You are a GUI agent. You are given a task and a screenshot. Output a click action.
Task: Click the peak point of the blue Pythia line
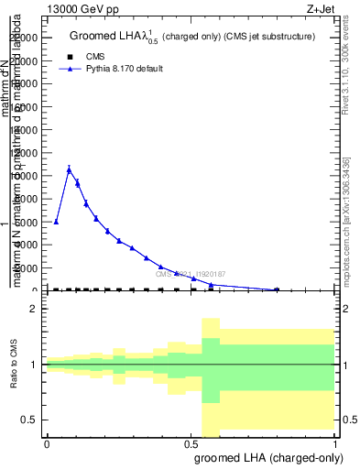pyautogui.click(x=69, y=169)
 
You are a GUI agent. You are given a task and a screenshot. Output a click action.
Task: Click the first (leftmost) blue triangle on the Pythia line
pyautogui.click(x=56, y=222)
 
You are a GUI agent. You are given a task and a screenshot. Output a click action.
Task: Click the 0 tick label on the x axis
pyautogui.click(x=47, y=442)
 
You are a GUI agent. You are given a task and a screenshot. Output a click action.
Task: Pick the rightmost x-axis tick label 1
pyautogui.click(x=336, y=442)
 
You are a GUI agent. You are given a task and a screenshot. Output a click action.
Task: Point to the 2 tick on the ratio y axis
pyautogui.click(x=35, y=310)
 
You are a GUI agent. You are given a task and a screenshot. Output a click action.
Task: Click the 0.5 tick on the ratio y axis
pyautogui.click(x=32, y=420)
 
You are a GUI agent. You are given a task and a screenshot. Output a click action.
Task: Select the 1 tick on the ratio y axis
pyautogui.click(x=35, y=365)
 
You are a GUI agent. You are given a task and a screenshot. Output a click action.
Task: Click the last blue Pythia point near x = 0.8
pyautogui.click(x=277, y=289)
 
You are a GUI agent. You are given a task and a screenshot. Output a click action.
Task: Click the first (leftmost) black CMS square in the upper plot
pyautogui.click(x=56, y=289)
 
